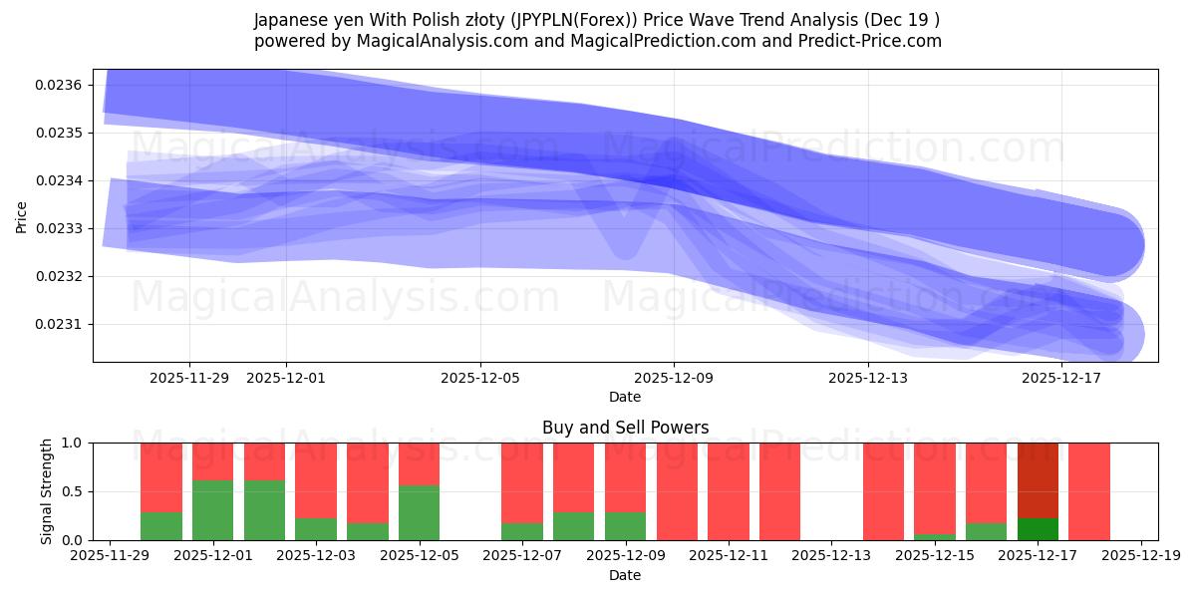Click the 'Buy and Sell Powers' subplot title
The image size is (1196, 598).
coord(625,428)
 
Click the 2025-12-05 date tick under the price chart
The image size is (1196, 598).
coord(480,378)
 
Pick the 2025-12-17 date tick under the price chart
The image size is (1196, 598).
coord(1061,378)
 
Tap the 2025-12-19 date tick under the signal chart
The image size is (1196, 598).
coord(1140,556)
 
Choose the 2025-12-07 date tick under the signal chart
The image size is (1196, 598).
coord(522,556)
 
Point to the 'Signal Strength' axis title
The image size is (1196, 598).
coord(47,491)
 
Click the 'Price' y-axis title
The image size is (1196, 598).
coord(22,215)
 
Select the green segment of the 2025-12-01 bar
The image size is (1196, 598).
coord(213,510)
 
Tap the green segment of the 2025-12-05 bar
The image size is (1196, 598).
coord(420,512)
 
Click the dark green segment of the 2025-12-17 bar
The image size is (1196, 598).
coord(1038,529)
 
